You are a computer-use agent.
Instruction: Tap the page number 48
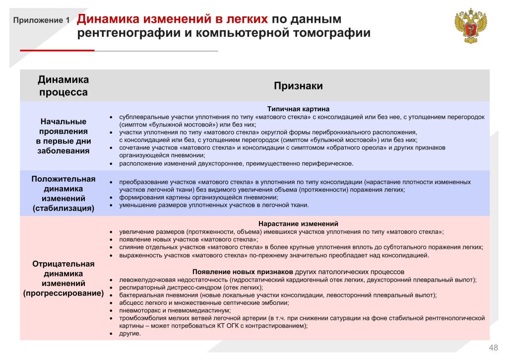494,347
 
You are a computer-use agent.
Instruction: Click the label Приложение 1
42,21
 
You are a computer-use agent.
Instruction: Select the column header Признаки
298,86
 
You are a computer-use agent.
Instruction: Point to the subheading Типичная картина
298,109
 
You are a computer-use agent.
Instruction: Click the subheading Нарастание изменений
298,224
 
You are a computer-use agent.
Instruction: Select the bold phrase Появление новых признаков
243,272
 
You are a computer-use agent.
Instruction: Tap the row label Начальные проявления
63,136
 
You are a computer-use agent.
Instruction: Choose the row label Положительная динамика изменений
63,193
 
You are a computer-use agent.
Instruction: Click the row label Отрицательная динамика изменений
63,278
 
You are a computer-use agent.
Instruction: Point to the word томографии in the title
333,34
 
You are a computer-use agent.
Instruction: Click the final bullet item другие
130,334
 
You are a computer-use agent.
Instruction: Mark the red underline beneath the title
57,51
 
